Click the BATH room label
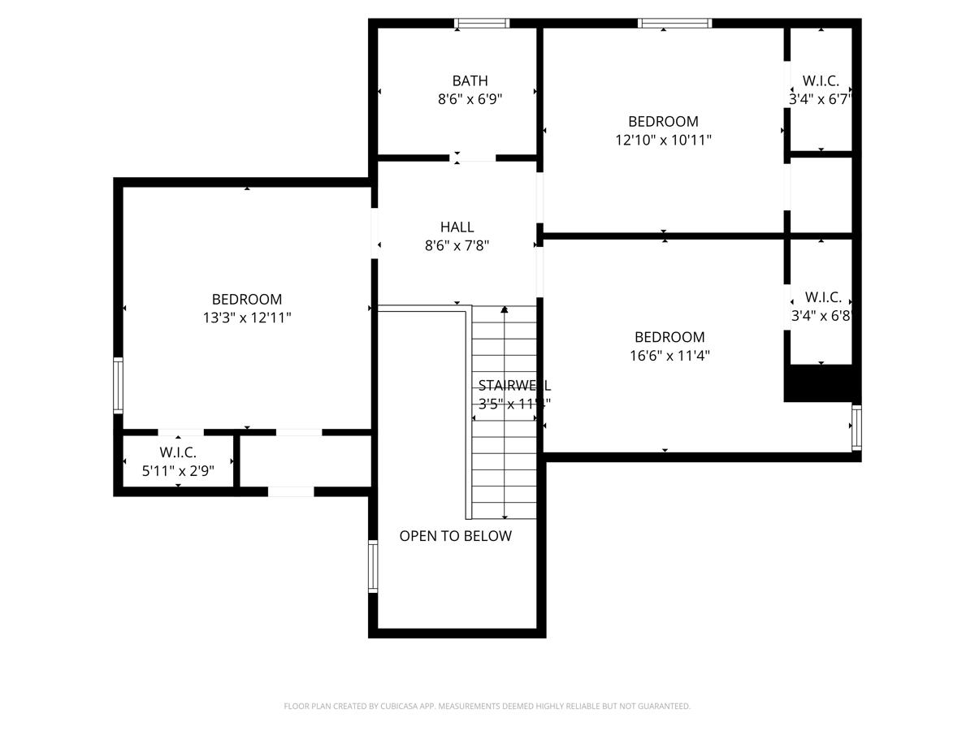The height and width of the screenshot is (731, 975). (x=470, y=80)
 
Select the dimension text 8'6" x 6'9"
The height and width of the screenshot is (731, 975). (x=470, y=99)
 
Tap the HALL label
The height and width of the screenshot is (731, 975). (x=457, y=227)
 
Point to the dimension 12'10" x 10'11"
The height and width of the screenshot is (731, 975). (x=663, y=140)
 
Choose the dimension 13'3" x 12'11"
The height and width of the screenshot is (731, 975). (x=246, y=318)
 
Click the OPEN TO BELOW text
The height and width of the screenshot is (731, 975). (x=455, y=536)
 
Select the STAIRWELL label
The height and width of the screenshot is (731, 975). (x=513, y=385)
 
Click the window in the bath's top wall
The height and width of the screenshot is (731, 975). (x=482, y=24)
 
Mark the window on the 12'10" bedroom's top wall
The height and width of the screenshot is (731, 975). (x=675, y=24)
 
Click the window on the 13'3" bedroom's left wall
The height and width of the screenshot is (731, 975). (x=119, y=385)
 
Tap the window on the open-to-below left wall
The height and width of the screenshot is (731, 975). (x=373, y=566)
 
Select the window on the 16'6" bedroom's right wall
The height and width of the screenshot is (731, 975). (x=856, y=428)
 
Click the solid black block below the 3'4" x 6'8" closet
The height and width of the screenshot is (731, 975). (x=821, y=383)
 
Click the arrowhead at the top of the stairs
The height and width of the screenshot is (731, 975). (x=505, y=309)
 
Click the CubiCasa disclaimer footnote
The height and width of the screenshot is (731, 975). (x=487, y=706)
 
